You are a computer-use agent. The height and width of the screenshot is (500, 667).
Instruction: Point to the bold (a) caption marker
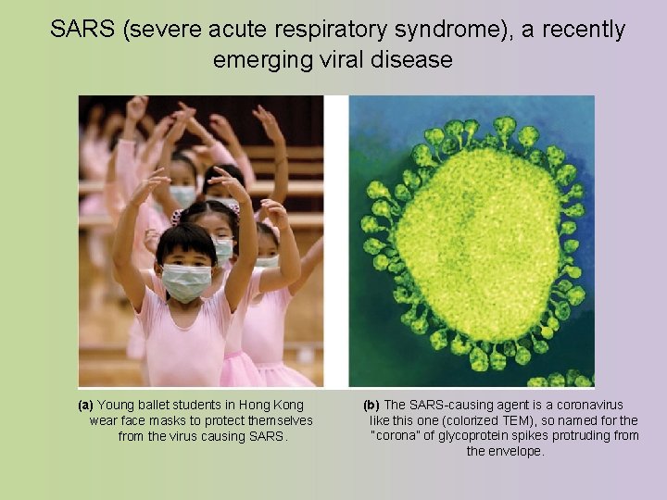85,405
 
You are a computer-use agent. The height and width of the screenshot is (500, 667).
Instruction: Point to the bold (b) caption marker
371,405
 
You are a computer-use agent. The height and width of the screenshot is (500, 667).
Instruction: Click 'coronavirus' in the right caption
588,405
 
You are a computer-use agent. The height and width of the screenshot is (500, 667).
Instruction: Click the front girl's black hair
185,240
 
